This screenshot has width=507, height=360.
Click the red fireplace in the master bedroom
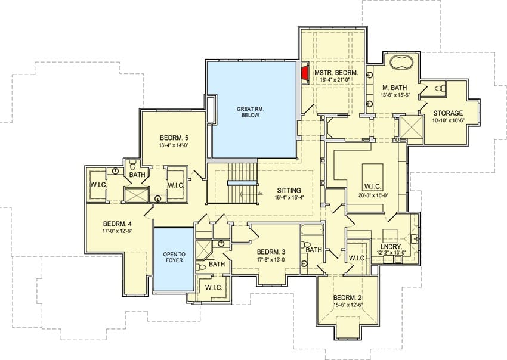click(304, 73)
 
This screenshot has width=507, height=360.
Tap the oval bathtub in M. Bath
click(401, 62)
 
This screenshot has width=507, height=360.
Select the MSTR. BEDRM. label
click(336, 73)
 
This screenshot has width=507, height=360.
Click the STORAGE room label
click(448, 113)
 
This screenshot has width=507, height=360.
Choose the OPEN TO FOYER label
click(174, 257)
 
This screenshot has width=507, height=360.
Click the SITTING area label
click(289, 191)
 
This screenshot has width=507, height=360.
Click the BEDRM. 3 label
click(271, 252)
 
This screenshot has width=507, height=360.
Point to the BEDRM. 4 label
click(118, 224)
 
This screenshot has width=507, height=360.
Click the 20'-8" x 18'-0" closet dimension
click(373, 195)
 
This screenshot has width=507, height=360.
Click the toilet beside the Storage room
click(440, 88)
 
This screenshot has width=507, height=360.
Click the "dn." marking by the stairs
click(260, 193)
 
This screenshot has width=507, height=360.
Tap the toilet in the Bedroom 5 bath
click(133, 166)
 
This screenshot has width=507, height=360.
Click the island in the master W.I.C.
click(372, 173)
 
